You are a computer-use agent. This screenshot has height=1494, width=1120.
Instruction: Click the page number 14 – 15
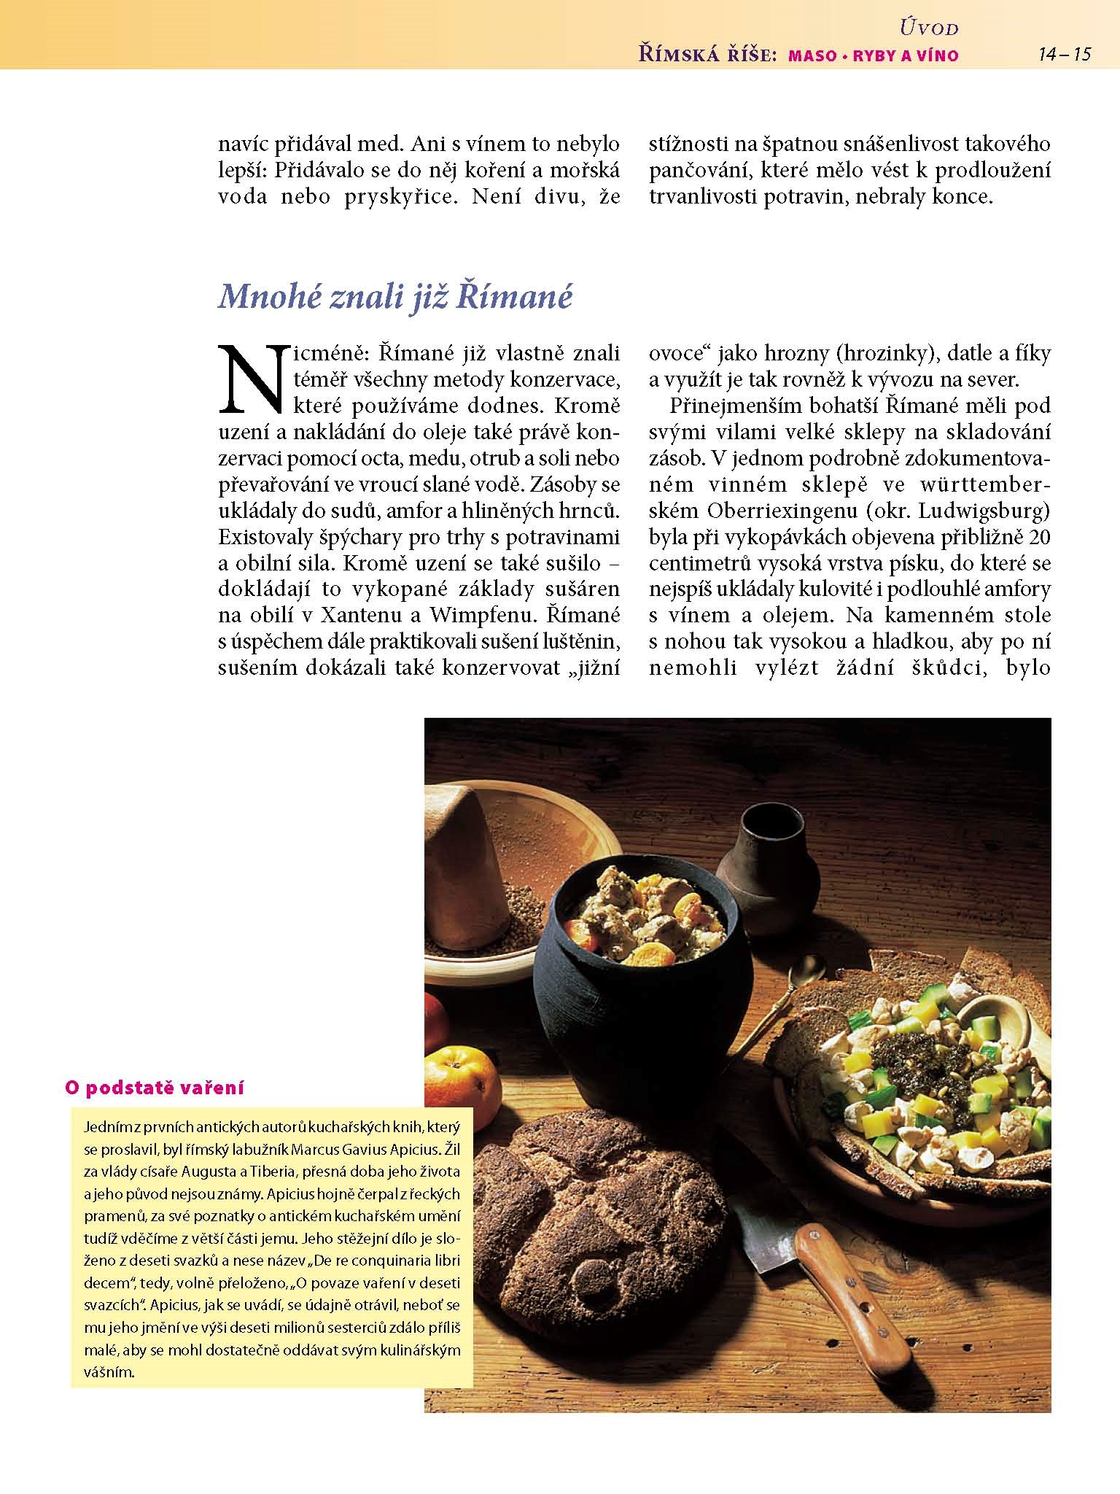coord(1065,54)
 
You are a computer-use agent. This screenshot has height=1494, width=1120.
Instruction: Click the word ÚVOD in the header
coord(929,28)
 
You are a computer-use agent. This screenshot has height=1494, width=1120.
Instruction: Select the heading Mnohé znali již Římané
coord(396,296)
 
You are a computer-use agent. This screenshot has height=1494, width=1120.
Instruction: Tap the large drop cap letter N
coord(250,377)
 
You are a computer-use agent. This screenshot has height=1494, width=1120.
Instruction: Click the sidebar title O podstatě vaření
coord(155,1088)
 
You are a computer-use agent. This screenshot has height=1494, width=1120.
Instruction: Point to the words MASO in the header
coord(812,55)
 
